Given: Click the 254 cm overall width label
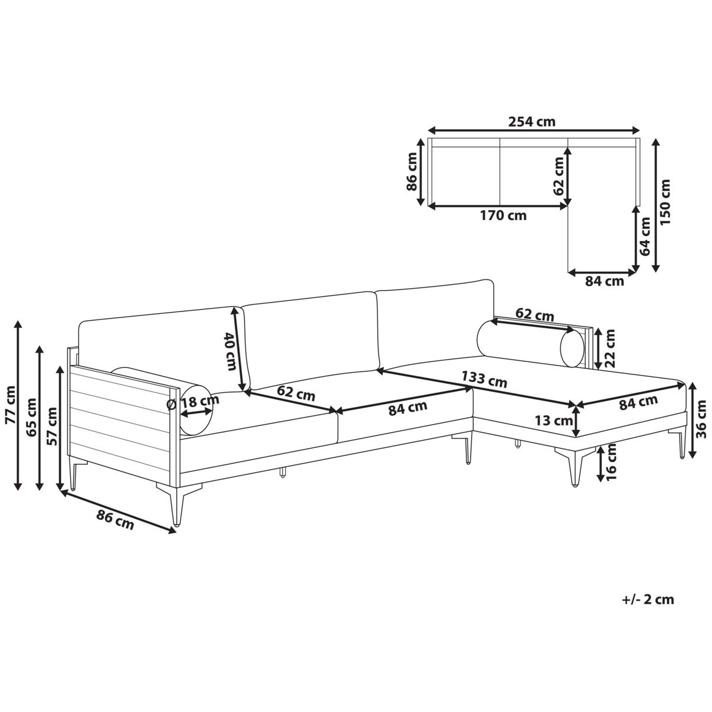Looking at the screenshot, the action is (532, 122).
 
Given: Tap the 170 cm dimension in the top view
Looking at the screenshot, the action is (503, 215).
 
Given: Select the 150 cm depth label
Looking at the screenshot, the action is (665, 202).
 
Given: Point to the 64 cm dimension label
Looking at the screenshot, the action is (644, 236).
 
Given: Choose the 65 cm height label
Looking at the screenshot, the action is (31, 417).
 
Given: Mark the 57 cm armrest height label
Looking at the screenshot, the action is (52, 426).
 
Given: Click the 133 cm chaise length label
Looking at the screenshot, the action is (484, 379).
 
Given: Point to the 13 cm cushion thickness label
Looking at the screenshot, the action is (554, 421).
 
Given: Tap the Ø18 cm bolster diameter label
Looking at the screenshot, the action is (192, 401).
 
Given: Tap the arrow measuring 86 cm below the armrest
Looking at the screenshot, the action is (118, 511).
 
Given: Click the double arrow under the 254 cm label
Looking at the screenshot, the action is (533, 130).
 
